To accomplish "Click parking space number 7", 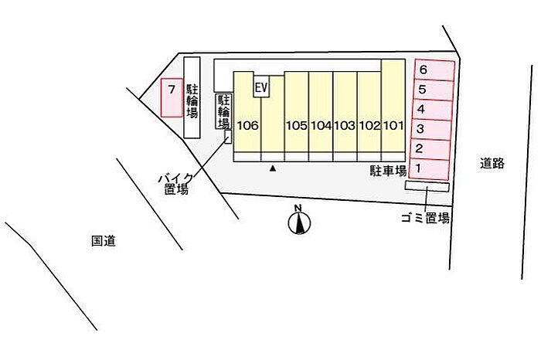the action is (172, 97).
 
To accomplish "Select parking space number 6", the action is (434, 70).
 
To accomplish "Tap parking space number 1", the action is (429, 169).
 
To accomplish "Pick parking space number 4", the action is (431, 110).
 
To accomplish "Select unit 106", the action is (247, 112).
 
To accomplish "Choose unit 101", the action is (393, 106).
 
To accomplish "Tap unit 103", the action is (345, 112).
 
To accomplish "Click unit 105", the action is (296, 112).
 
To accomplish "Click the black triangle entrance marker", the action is (273, 168).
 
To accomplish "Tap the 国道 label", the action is (103, 241).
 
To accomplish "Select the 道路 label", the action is (492, 163).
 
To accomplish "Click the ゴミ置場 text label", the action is (425, 218).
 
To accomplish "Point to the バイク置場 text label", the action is (176, 184).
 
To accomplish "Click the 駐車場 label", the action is (389, 171).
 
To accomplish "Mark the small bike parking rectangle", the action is (228, 137).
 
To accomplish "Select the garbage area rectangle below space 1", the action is (427, 186).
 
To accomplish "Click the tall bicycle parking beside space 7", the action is (192, 97).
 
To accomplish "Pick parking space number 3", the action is (430, 130).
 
